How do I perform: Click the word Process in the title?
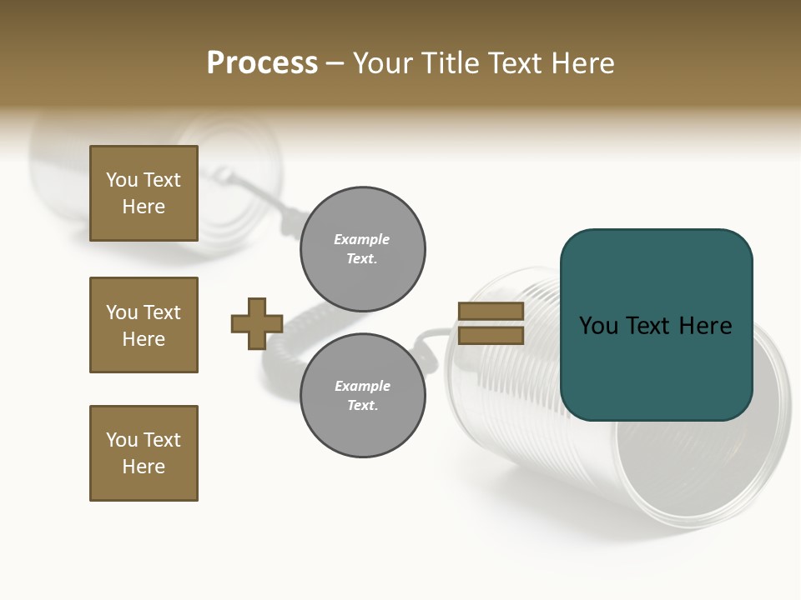(262, 63)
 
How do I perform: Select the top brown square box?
(144, 193)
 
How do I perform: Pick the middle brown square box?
(144, 325)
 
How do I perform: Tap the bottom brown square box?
(144, 453)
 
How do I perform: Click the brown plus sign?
(257, 323)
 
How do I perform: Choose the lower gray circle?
(363, 396)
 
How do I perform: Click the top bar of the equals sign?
(491, 311)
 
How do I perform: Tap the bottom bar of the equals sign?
(491, 335)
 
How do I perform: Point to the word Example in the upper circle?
(362, 240)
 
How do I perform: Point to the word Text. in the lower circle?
(363, 406)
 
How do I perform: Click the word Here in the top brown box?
(144, 207)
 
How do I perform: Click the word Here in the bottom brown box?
(144, 467)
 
